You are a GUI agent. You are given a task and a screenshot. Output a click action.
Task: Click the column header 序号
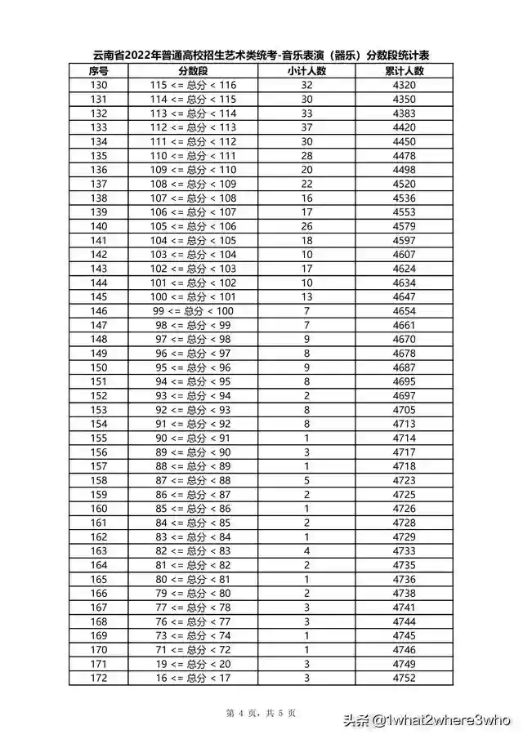click(98, 71)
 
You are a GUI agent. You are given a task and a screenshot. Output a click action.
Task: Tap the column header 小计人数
click(306, 71)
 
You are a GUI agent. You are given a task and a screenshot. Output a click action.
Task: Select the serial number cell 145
click(98, 296)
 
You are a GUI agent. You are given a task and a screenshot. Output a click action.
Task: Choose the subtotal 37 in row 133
click(306, 127)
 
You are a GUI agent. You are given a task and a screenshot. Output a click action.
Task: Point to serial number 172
click(98, 677)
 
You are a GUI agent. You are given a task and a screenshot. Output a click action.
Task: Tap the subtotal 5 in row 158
click(306, 480)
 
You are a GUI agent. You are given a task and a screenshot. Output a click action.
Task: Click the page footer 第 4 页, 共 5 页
click(261, 713)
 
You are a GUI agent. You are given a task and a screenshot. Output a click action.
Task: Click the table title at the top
click(261, 56)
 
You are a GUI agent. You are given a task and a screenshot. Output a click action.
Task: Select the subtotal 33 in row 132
click(306, 114)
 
